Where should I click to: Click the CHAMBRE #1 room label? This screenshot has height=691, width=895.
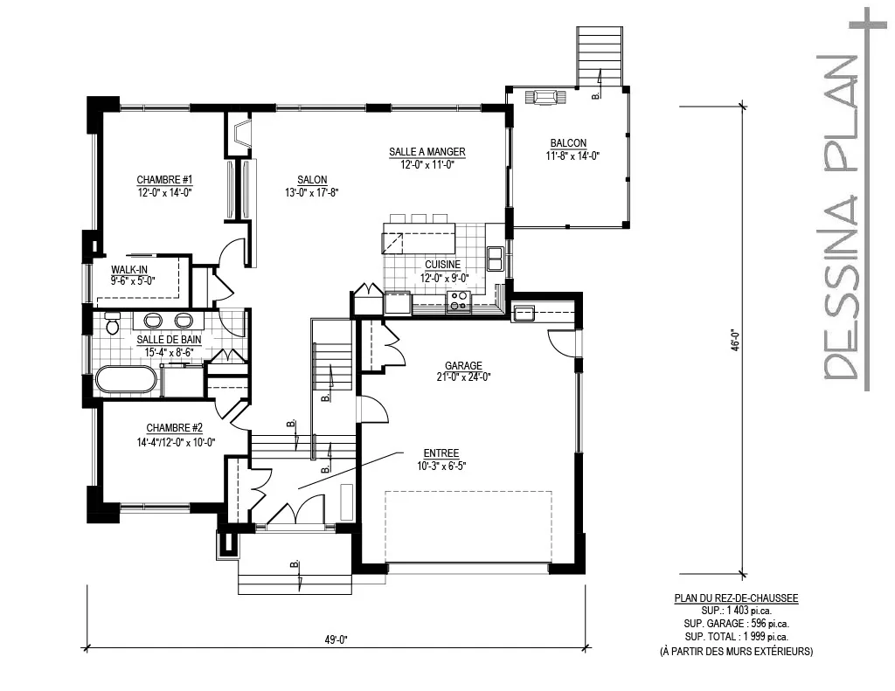[163, 180]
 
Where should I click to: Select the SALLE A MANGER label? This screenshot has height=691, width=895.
[427, 152]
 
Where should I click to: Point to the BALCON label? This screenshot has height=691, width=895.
[568, 143]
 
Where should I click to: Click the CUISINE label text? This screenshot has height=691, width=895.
[444, 265]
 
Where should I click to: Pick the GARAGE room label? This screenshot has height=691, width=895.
[463, 366]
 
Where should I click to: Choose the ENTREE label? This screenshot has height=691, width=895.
[442, 453]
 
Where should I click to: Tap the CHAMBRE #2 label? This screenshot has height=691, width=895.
[174, 428]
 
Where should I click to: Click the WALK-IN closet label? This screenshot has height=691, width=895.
[128, 270]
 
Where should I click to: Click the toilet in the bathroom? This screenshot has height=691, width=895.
[112, 323]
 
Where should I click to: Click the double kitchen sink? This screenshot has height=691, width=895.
[495, 259]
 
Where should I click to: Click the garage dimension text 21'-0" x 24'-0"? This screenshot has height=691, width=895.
[463, 377]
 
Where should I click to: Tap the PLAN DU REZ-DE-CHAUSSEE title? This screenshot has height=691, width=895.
[736, 598]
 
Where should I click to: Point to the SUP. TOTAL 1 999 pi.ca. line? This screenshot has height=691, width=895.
[736, 637]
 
